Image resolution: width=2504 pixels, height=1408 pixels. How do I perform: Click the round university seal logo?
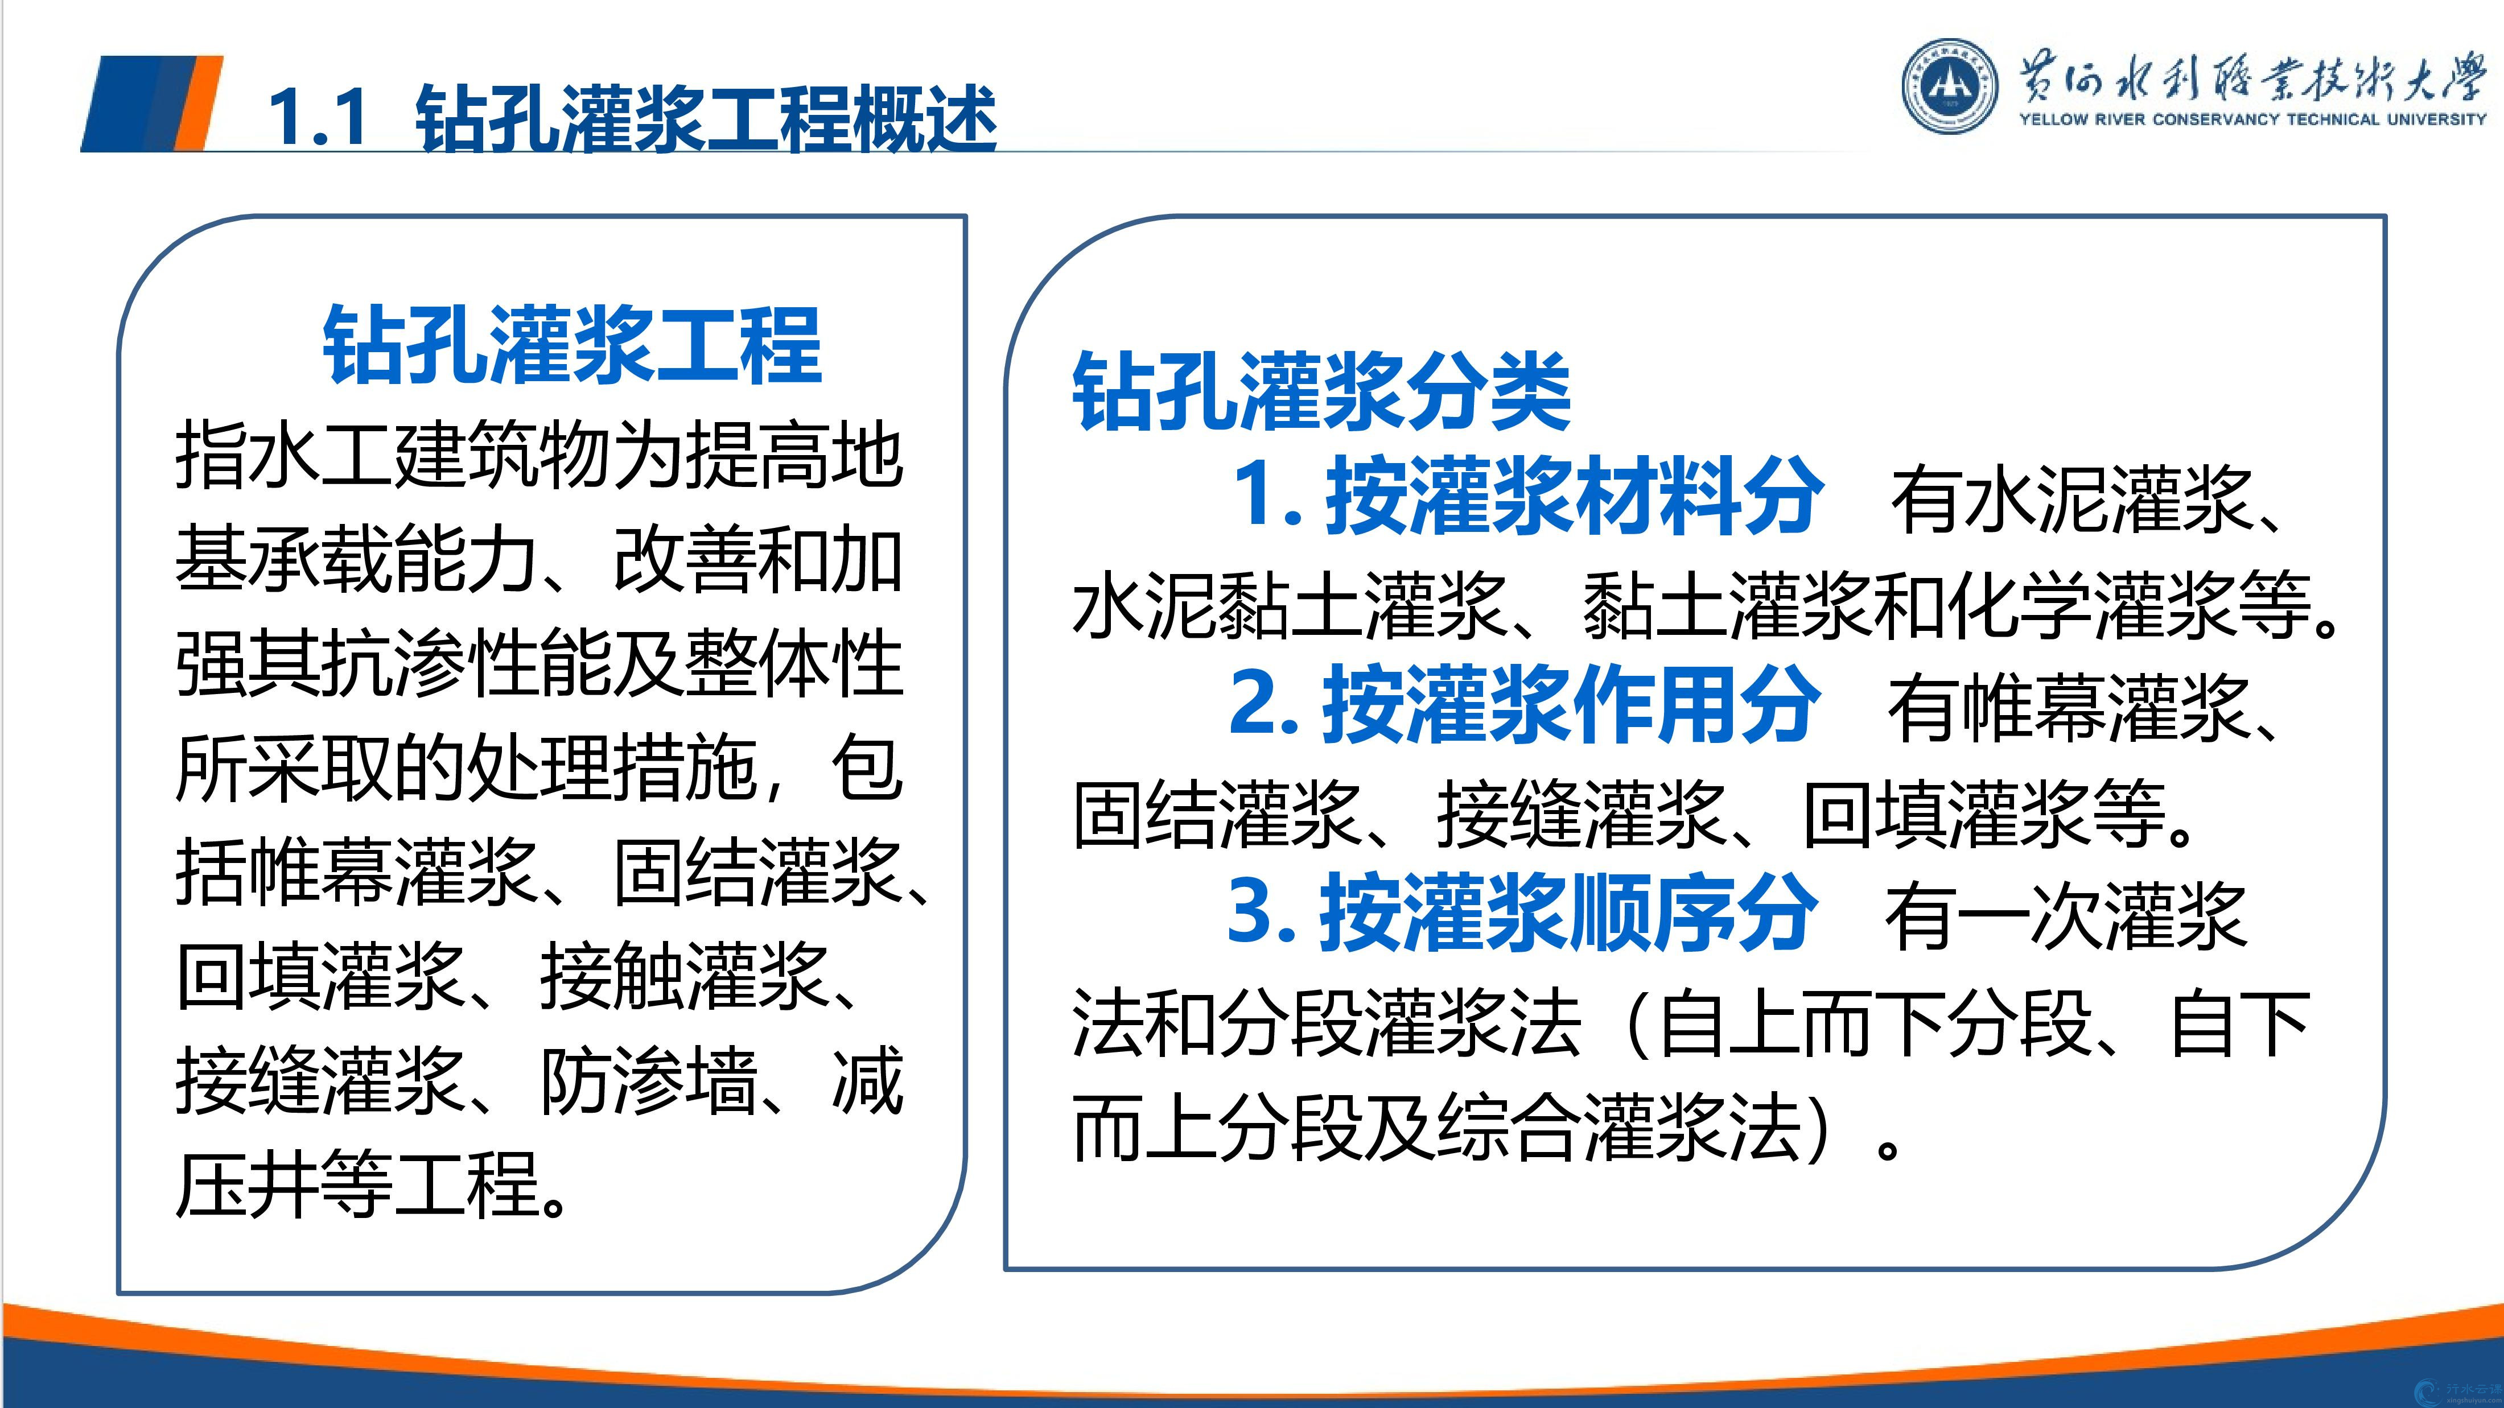tap(1950, 85)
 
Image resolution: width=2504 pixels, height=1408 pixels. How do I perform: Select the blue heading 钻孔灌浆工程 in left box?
tap(573, 345)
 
